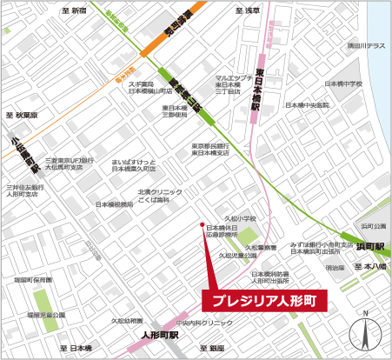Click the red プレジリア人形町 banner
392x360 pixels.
[265, 301]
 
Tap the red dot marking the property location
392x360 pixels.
[203, 221]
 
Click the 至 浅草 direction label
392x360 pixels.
[247, 10]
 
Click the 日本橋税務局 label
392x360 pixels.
[115, 204]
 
